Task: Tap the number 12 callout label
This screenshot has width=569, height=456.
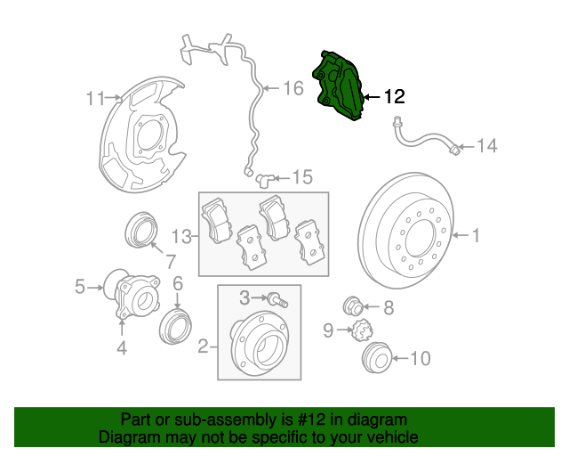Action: [393, 96]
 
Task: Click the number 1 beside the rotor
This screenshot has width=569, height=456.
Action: [476, 236]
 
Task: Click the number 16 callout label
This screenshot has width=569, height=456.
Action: [293, 88]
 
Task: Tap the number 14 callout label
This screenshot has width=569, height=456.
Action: [487, 146]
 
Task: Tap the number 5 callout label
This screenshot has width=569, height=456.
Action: [80, 287]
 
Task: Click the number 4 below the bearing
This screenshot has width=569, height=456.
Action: [122, 349]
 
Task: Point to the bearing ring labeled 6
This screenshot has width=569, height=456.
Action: [175, 326]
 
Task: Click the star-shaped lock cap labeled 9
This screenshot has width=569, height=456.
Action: [361, 333]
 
